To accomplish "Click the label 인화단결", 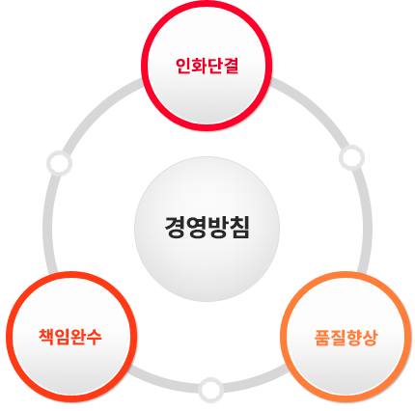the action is point(207,66).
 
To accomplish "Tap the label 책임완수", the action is point(70,337).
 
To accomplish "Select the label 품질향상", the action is point(346,338).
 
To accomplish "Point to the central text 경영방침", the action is point(207,228).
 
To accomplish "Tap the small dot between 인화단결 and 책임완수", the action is point(59,163).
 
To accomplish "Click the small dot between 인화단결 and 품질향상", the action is point(351,157).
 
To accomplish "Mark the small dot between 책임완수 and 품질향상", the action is point(210,390).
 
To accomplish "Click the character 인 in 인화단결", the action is point(183,66).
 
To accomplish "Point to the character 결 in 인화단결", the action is point(231,66).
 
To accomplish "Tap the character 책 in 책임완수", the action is point(46,337).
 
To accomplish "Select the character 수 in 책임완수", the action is point(94,337).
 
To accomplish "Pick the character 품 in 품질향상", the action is point(322,338).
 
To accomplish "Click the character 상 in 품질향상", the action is point(369,338).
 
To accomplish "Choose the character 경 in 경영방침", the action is point(175,228).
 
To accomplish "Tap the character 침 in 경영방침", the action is point(239,228).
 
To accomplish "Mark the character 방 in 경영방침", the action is point(218,228).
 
